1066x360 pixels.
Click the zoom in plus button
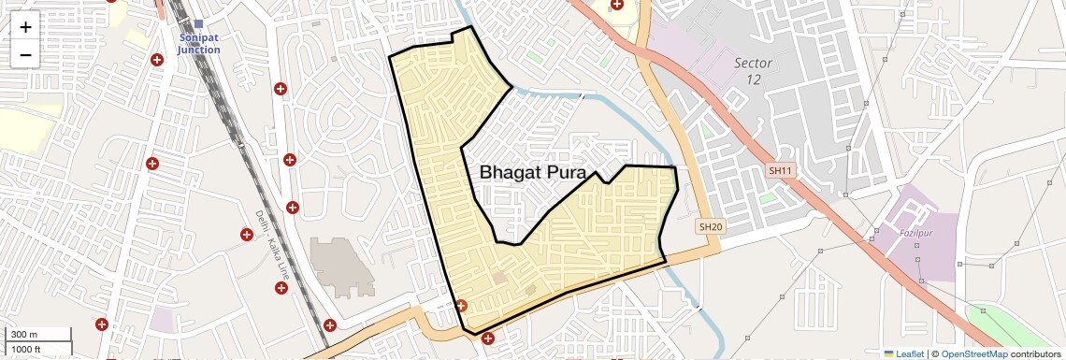pos(25,27)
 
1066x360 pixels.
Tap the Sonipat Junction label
pos(198,43)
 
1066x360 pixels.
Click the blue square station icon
pos(198,23)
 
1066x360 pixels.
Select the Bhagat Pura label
pos(532,173)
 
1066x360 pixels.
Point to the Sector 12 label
pos(753,70)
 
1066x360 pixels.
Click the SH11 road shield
pos(780,171)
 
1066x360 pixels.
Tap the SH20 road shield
pos(711,226)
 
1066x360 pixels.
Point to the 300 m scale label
pos(24,335)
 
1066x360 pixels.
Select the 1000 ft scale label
pos(26,349)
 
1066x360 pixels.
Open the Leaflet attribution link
pos(910,353)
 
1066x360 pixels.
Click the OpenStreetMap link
pos(973,353)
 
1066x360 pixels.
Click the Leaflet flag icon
pos(889,353)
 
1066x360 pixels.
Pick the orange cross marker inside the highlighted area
pos(461,306)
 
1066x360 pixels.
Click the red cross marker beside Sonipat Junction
pos(156,60)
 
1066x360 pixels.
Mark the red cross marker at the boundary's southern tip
pos(487,338)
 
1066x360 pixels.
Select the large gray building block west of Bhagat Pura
pos(340,266)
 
